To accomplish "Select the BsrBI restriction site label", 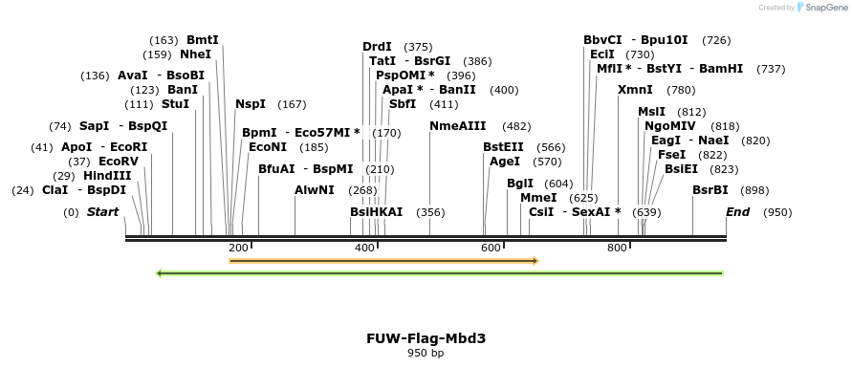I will (x=710, y=190).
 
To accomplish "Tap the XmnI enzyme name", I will (x=635, y=90).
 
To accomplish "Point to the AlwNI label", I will (x=314, y=190).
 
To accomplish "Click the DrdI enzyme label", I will (x=377, y=47).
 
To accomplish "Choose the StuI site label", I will (x=175, y=104).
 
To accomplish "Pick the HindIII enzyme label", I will (x=106, y=176).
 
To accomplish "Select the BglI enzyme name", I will (x=519, y=184).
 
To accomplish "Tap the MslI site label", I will (x=651, y=112).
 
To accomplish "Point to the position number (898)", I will (x=755, y=190).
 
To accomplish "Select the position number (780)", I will (x=681, y=90).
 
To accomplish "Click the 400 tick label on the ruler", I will (x=364, y=249).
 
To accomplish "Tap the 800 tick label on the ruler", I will (x=616, y=249).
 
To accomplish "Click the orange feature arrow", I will (x=383, y=260).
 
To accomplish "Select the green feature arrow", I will (x=439, y=273).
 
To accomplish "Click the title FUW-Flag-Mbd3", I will (x=425, y=338).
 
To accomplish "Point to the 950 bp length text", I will (x=425, y=354).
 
